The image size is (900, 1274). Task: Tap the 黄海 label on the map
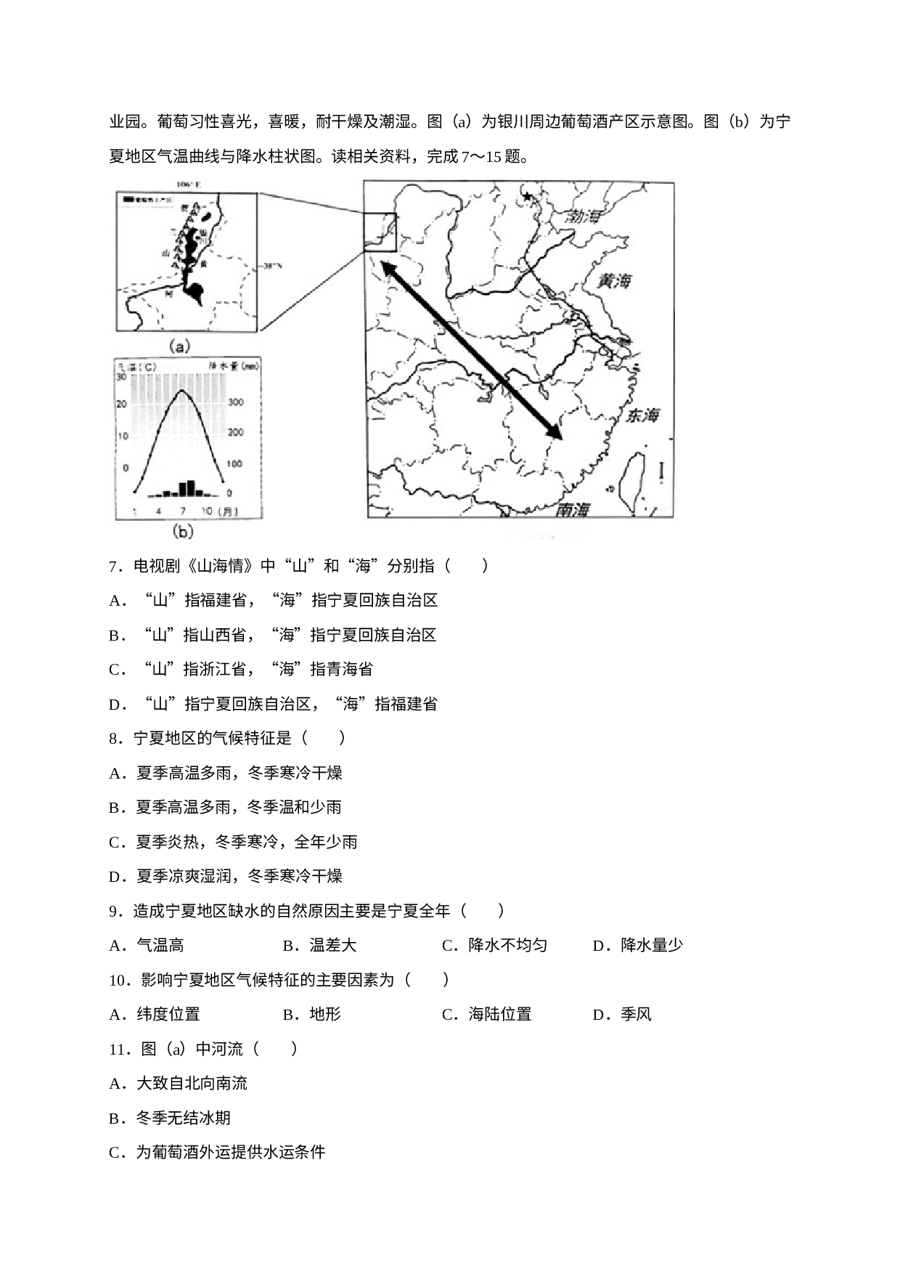614,282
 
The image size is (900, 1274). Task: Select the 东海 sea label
644,416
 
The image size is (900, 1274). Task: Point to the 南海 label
572,511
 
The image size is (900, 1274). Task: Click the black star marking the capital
528,197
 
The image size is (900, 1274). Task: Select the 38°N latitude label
270,267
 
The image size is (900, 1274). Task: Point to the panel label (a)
181,346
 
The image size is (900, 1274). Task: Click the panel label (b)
182,532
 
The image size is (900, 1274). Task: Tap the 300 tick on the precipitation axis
237,402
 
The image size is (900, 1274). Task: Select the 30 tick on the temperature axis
123,377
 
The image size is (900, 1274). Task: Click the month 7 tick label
183,511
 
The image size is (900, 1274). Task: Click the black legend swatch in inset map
128,198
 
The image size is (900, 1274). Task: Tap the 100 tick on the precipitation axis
237,463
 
